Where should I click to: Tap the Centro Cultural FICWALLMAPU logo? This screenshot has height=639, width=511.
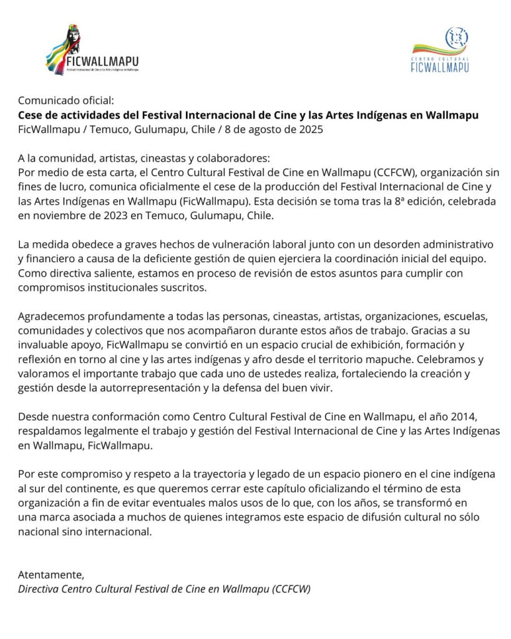(x=440, y=50)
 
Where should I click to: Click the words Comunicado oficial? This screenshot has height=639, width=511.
(x=66, y=100)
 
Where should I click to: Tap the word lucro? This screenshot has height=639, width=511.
(x=67, y=187)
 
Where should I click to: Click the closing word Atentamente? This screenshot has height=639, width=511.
(x=51, y=575)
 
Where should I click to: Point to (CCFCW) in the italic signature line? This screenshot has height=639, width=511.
(x=291, y=589)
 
